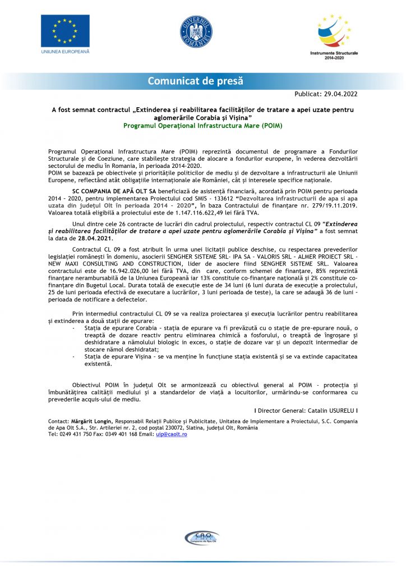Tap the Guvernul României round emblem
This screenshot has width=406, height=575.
(x=196, y=31)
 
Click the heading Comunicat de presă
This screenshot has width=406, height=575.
(x=196, y=81)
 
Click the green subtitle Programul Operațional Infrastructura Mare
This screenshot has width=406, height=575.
(x=203, y=126)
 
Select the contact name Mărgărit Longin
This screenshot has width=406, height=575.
(x=91, y=421)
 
